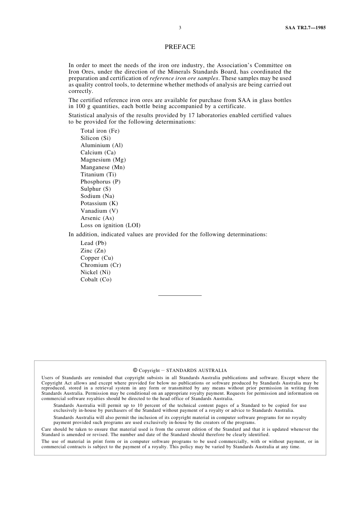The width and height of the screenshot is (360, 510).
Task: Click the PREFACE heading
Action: [x=180, y=47]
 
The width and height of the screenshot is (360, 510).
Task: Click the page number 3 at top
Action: [x=180, y=28]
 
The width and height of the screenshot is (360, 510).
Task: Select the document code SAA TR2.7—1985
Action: [x=305, y=28]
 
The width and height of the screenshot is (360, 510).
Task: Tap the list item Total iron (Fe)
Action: [x=100, y=131]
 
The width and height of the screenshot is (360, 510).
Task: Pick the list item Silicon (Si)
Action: [x=95, y=138]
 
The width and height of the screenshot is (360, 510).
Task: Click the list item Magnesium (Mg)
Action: [x=103, y=160]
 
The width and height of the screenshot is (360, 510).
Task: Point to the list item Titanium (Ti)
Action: [x=98, y=174]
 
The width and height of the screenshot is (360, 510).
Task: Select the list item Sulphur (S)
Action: [x=95, y=189]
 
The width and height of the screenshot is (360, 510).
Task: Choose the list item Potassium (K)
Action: [x=99, y=203]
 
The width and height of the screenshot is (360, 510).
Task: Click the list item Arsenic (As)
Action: [x=97, y=218]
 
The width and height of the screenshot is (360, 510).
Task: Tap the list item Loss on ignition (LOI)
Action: [x=110, y=225]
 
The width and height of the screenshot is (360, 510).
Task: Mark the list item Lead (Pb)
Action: [x=93, y=243]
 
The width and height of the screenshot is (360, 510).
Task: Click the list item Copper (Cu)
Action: [x=97, y=258]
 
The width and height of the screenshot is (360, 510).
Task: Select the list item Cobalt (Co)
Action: [x=96, y=279]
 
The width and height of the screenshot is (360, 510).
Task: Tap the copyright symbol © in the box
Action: [x=135, y=370]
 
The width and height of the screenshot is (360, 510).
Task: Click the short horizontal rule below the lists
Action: [x=180, y=295]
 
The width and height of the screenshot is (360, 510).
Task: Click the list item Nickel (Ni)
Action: [x=95, y=272]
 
